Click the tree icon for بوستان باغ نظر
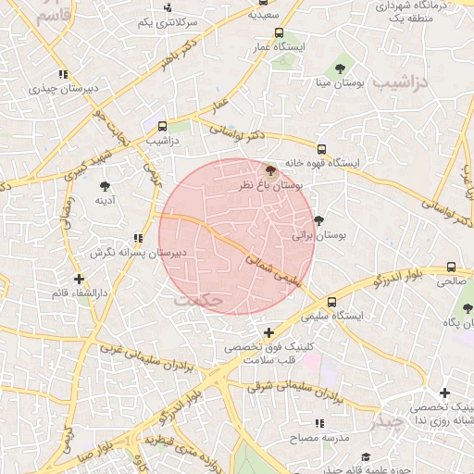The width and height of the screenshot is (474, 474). [270, 170]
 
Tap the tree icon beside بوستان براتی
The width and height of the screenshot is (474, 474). [319, 220]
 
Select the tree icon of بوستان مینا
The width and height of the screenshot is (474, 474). [341, 68]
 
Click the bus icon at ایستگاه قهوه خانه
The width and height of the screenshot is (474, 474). [321, 148]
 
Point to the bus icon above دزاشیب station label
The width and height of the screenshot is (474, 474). [163, 126]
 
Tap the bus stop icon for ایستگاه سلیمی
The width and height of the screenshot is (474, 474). [331, 302]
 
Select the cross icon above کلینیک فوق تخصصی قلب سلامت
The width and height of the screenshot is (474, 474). [269, 332]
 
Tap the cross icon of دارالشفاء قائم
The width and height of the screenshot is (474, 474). [80, 278]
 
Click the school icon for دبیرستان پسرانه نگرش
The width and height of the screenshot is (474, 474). [138, 238]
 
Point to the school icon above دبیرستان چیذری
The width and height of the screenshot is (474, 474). [62, 75]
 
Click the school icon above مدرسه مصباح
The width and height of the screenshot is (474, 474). [318, 423]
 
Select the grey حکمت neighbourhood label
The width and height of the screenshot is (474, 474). [199, 301]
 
